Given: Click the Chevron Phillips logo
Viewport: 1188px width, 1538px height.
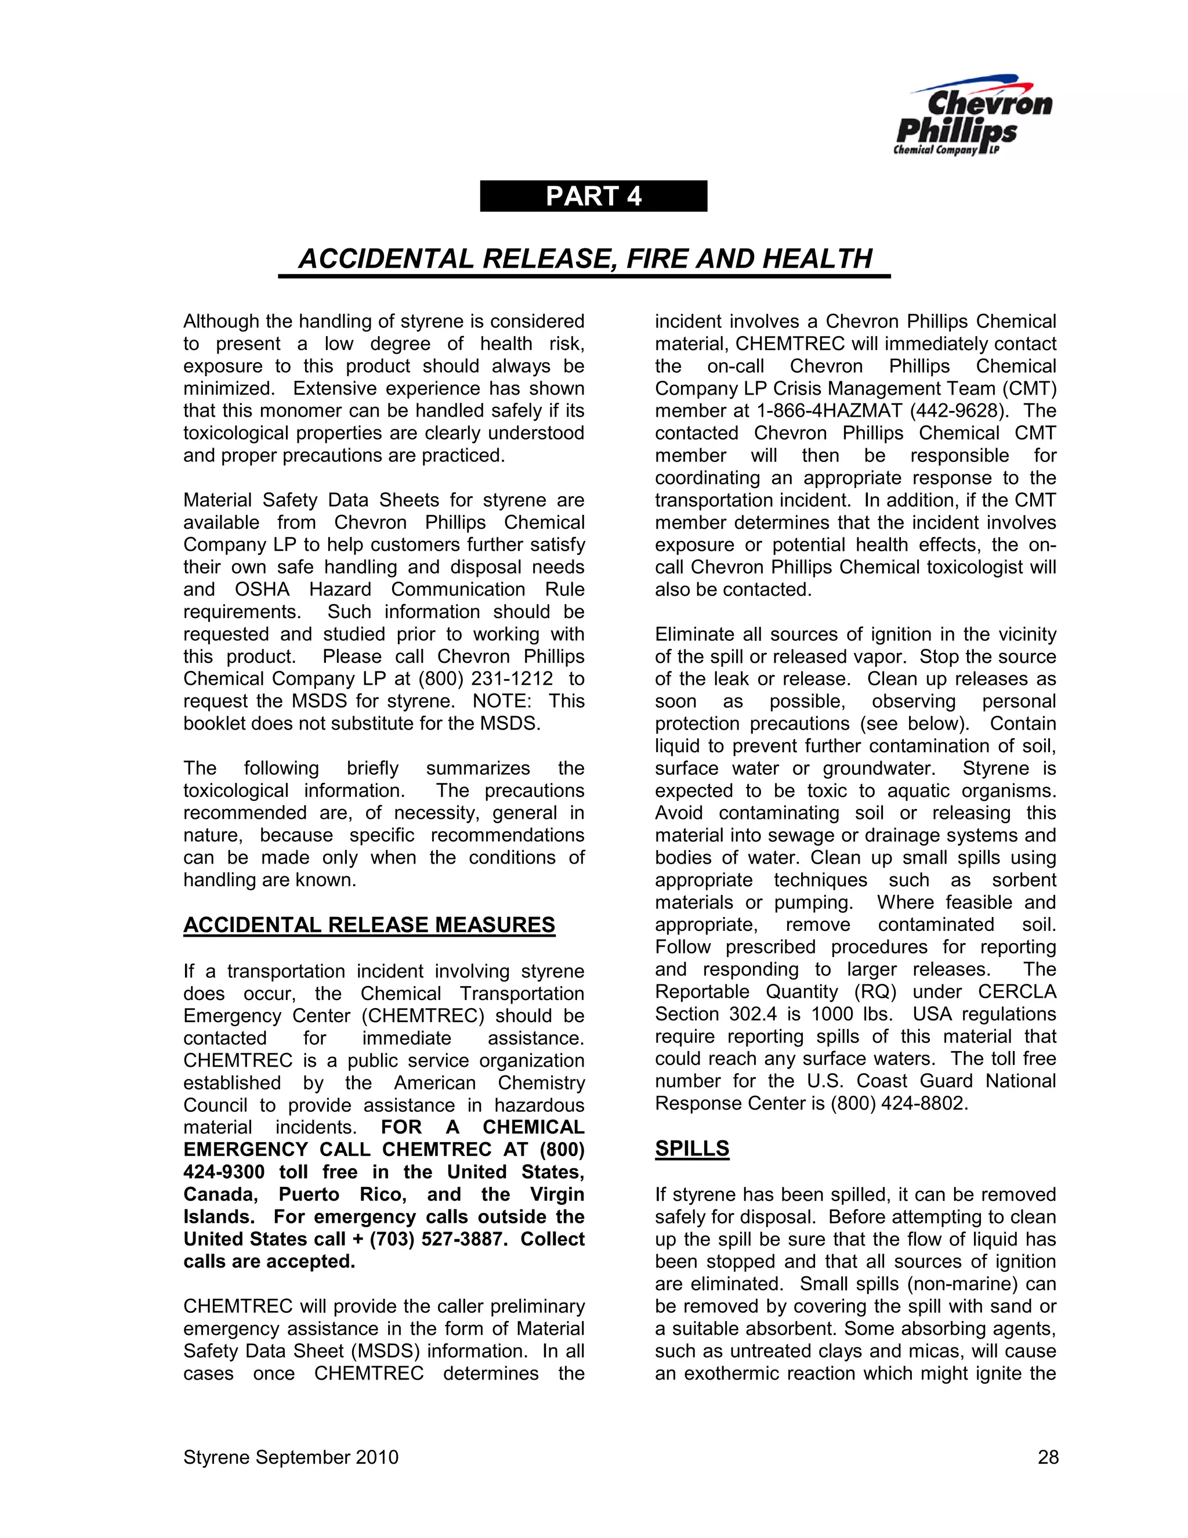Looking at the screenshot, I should (x=973, y=117).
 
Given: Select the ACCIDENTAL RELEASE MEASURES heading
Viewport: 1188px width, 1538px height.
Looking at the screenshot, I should (x=369, y=925).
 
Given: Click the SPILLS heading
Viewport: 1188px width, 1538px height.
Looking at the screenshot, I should (x=692, y=1149).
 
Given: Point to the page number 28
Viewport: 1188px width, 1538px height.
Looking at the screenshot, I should (x=1047, y=1457).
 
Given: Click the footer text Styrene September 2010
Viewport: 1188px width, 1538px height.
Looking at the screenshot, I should (x=291, y=1457).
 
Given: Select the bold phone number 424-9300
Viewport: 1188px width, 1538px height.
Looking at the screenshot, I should (x=224, y=1172).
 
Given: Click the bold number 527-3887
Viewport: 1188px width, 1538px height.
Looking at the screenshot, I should (x=465, y=1239).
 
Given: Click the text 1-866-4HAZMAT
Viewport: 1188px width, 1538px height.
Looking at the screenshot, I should (x=829, y=410).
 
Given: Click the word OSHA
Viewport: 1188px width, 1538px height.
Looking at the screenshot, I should (x=262, y=590).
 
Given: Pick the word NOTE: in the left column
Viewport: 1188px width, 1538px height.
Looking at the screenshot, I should (x=499, y=702).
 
